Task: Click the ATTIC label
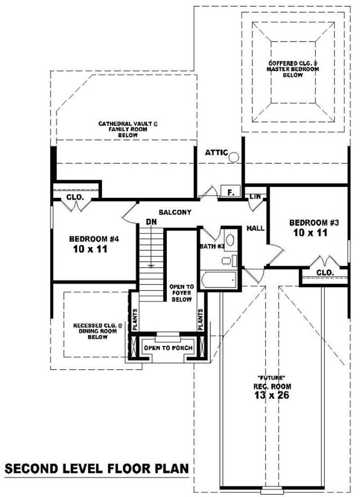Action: coord(216,153)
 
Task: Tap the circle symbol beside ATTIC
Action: coord(234,157)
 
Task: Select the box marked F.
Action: coord(230,192)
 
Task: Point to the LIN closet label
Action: coord(255,197)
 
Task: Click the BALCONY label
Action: coord(175,212)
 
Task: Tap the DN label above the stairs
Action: coord(151,222)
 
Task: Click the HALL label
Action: coord(255,228)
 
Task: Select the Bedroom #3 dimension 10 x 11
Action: coord(310,233)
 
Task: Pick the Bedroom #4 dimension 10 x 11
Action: coord(90,249)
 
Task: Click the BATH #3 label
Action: coord(212,246)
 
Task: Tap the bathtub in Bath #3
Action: coord(218,280)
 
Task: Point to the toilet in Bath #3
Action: coord(229,261)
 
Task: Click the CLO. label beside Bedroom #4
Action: coord(75,197)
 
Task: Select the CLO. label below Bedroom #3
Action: coord(325,272)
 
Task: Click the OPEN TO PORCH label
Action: coord(168,348)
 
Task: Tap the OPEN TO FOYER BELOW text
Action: coord(181,293)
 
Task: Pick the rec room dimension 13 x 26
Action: coord(271,395)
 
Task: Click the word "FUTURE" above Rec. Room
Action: coord(272,377)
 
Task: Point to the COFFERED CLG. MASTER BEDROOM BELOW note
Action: coord(293,69)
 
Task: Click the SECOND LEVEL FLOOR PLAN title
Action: coord(97,469)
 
